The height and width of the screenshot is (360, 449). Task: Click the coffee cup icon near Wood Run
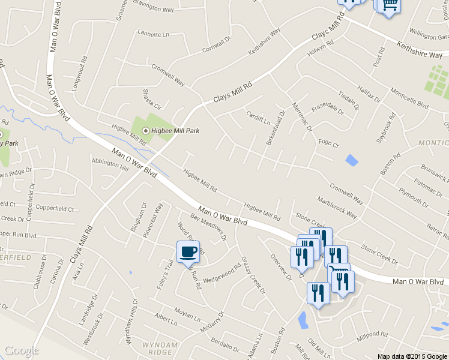(188, 251)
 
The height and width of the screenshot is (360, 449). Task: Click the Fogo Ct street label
(328, 143)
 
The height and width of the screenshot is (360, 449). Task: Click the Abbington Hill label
(110, 165)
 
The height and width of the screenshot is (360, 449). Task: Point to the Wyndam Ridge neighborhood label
(160, 349)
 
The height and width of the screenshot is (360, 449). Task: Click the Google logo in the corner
(22, 350)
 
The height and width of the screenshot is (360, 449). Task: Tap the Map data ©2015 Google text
(412, 356)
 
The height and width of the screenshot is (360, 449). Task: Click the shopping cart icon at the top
(389, 5)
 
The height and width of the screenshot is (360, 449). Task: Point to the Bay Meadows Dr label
(208, 226)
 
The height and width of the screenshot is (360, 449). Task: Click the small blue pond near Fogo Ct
(351, 160)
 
